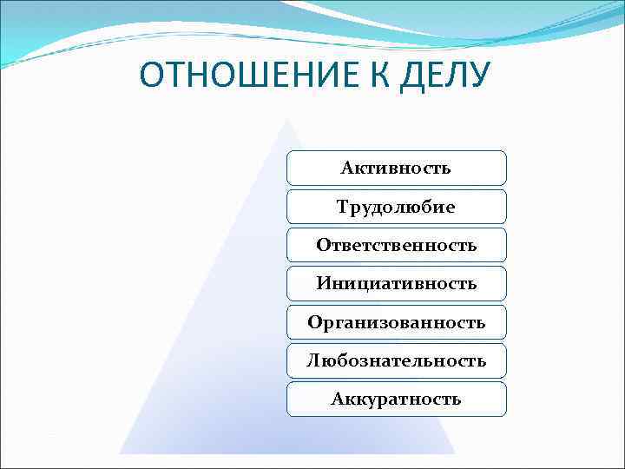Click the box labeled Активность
click(396, 168)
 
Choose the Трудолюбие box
click(396, 207)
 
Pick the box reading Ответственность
click(396, 245)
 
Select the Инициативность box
click(396, 283)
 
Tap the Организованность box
click(396, 322)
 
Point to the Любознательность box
click(396, 360)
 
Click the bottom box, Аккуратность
click(396, 399)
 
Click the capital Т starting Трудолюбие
click(342, 207)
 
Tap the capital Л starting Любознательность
click(312, 360)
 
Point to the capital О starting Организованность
click(314, 322)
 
